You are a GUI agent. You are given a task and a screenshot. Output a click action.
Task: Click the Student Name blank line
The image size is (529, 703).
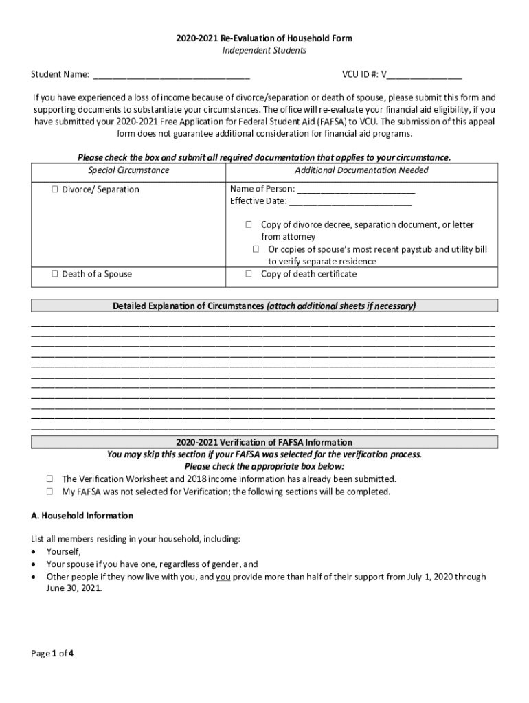point(171,74)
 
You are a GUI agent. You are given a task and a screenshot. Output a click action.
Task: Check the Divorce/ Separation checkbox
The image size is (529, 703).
point(54,189)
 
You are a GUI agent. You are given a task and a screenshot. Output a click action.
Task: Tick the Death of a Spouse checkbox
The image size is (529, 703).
point(54,274)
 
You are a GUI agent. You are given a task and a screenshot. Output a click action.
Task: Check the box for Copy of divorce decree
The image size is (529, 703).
point(249,224)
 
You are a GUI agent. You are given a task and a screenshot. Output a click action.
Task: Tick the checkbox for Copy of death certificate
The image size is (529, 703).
point(249,274)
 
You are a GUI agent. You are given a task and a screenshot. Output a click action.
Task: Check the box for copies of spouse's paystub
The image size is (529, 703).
point(256,249)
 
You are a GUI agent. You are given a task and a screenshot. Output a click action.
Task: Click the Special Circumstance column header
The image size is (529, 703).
point(128,170)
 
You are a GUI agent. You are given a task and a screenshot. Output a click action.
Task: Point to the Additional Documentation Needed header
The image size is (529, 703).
point(361,170)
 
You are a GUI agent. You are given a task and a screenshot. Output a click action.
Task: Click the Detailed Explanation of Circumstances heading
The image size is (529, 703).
point(264,306)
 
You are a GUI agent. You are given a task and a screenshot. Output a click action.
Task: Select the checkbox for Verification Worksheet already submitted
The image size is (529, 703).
point(50,479)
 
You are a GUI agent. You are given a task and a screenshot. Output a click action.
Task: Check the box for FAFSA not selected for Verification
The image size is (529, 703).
point(50,492)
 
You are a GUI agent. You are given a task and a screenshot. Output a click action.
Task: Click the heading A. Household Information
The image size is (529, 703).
point(82,516)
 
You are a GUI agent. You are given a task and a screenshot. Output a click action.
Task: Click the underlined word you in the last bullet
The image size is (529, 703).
point(223,577)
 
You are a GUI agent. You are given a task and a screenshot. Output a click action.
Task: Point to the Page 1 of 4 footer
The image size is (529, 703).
point(52,654)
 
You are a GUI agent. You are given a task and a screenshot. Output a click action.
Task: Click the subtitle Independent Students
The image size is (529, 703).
point(264,51)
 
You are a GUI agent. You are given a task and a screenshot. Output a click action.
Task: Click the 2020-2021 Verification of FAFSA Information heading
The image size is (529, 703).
point(264,442)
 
